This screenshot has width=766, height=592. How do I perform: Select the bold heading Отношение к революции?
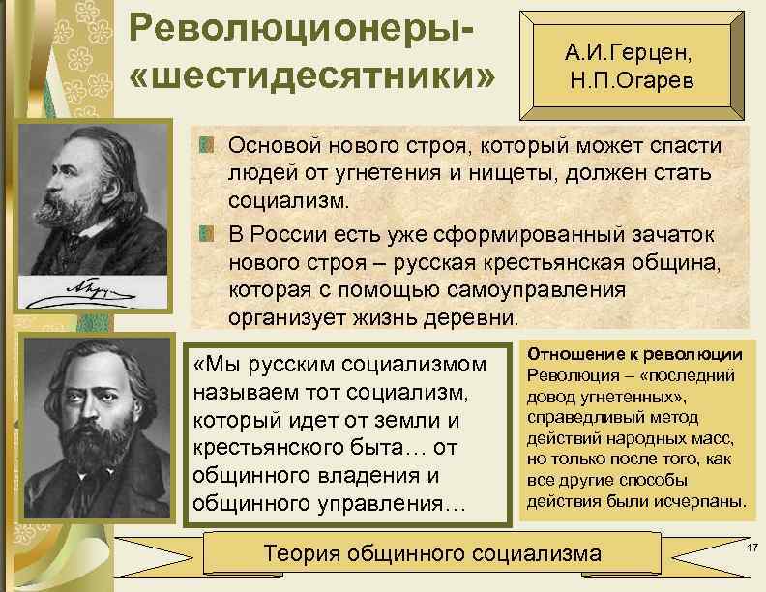(634, 353)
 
